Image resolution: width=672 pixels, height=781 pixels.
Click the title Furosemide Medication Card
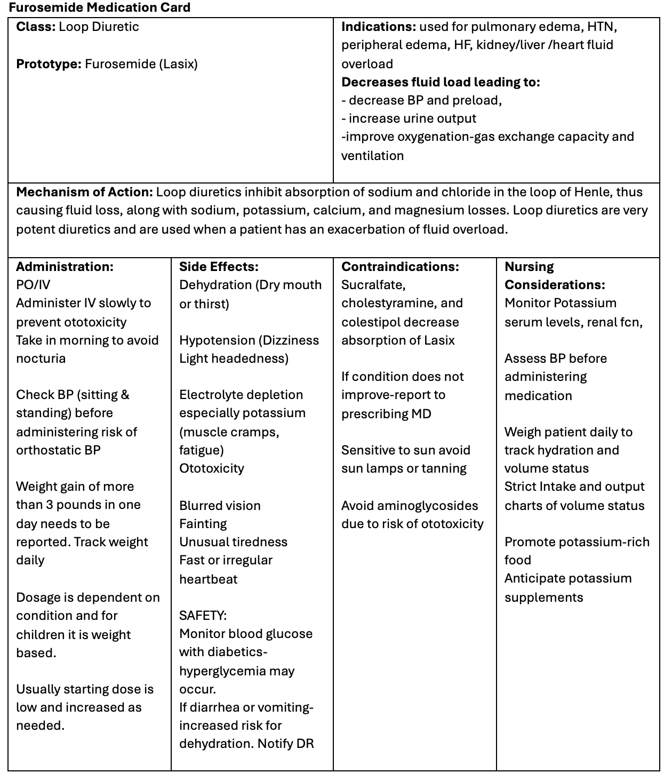100,7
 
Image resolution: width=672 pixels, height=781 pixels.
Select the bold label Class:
36,27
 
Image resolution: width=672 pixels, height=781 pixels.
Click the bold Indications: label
378,27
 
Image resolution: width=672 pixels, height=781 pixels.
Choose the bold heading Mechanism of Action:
84,192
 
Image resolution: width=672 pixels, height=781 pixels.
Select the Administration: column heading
65,267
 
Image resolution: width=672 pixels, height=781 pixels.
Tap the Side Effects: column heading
219,267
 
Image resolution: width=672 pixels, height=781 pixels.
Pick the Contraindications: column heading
400,267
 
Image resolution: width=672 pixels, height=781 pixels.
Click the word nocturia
41,358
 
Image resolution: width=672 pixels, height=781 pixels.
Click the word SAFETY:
203,616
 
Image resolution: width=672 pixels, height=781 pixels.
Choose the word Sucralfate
373,285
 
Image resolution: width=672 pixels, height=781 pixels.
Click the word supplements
543,597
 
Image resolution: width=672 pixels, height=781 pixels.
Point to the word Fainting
203,524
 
